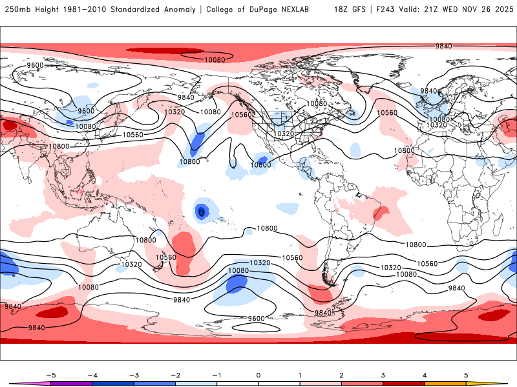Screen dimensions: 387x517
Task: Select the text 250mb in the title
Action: pos(17,10)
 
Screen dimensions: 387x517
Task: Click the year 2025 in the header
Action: pos(501,10)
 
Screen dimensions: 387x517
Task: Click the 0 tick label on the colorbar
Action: pos(258,375)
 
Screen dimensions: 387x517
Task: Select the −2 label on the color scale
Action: pos(175,375)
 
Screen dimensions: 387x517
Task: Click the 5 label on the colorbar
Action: pos(466,375)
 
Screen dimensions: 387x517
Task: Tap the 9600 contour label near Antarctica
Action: pos(257,318)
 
